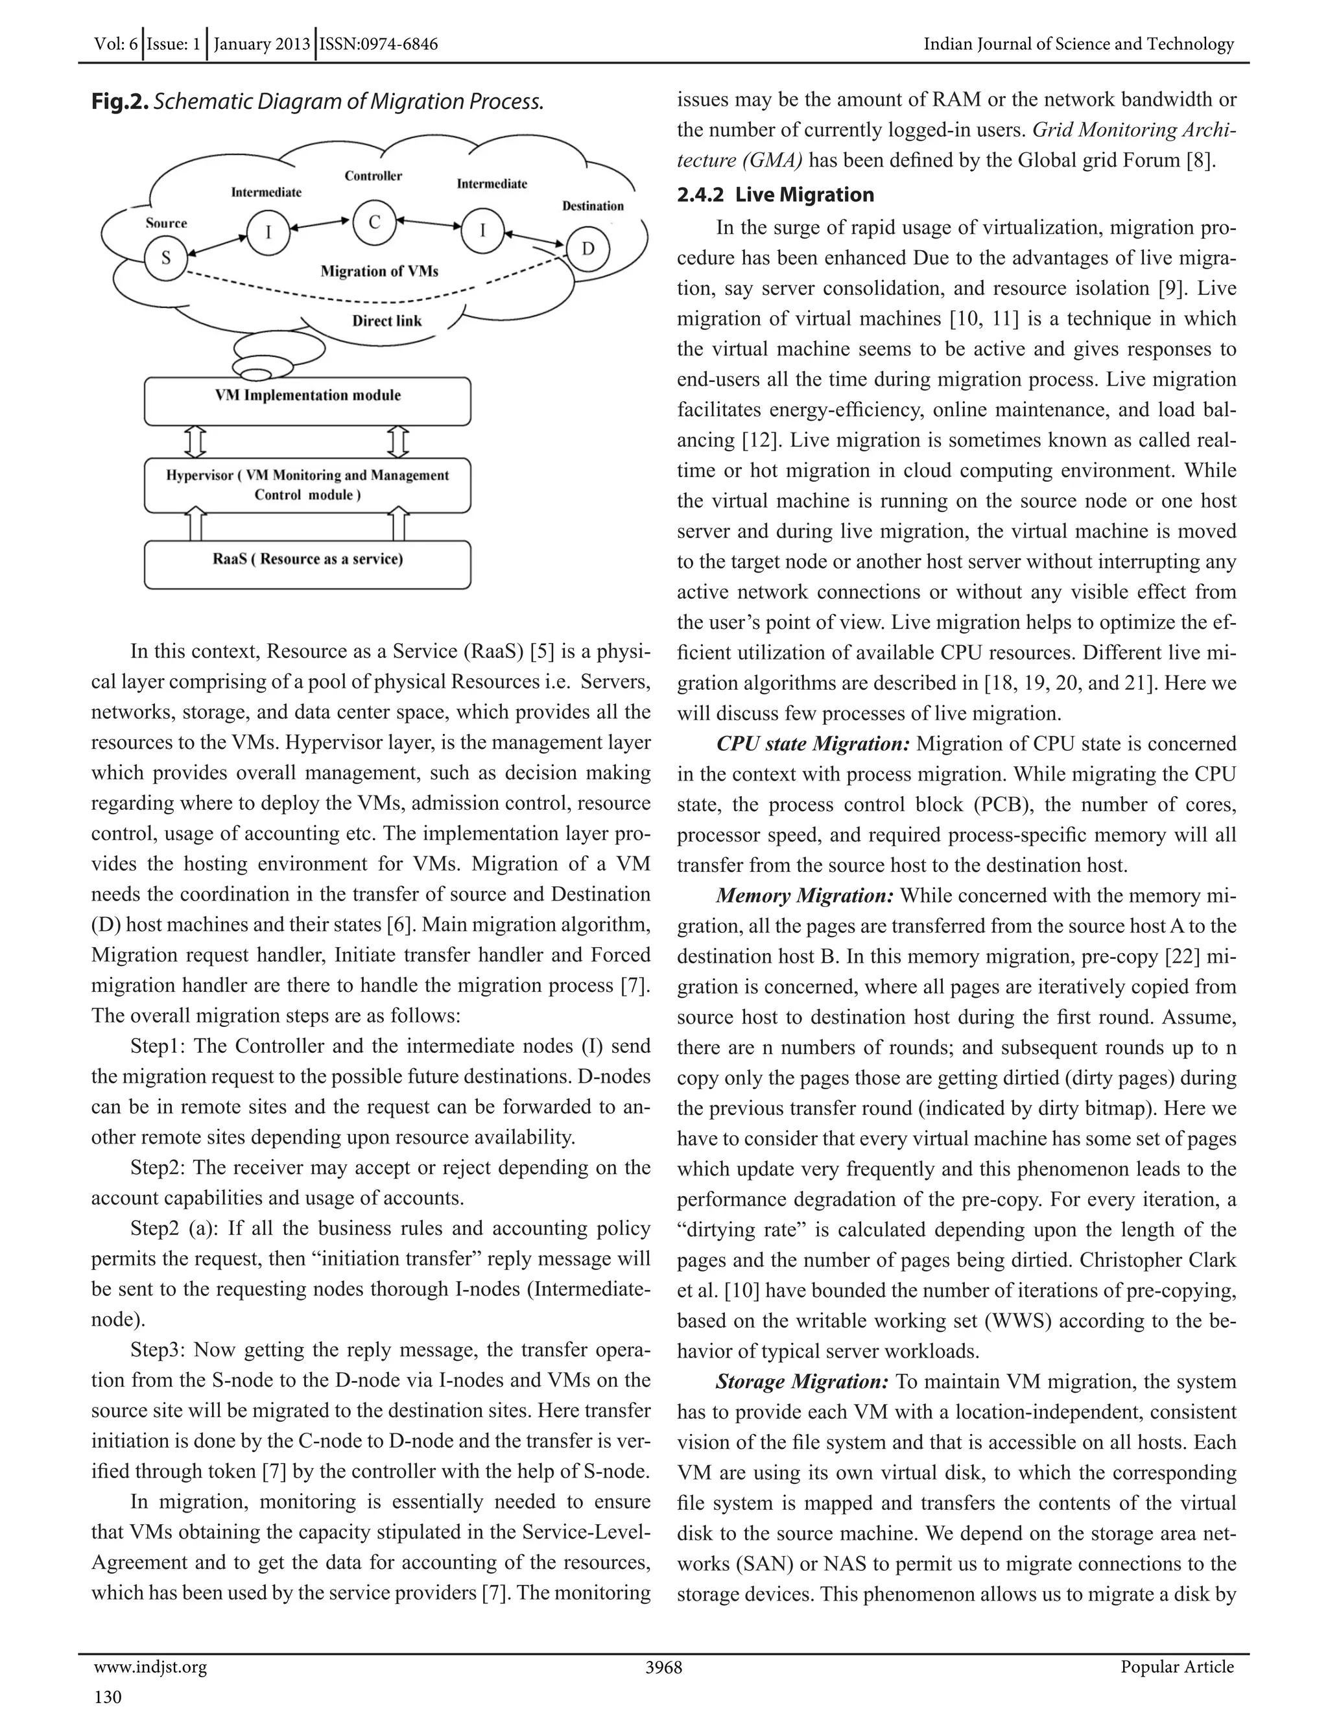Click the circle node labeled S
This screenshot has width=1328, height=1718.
(166, 258)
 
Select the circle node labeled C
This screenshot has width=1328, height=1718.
(375, 222)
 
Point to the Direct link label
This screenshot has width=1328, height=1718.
(386, 321)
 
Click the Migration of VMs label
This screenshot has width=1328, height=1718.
(379, 272)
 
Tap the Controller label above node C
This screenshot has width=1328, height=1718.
(373, 176)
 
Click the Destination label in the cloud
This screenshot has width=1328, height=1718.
(593, 206)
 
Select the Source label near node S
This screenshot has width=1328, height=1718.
(166, 224)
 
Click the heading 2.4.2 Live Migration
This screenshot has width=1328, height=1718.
(775, 195)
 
